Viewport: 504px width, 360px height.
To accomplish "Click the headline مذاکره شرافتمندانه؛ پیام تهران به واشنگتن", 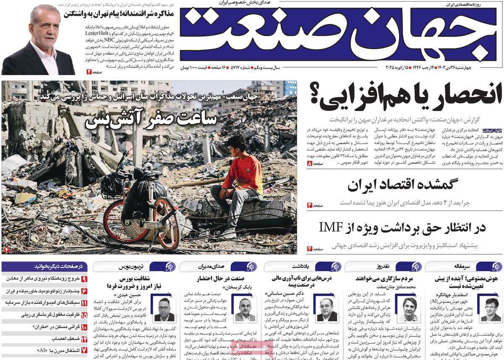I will coord(119,13).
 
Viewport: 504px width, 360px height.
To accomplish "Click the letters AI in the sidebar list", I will coord(42,349).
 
